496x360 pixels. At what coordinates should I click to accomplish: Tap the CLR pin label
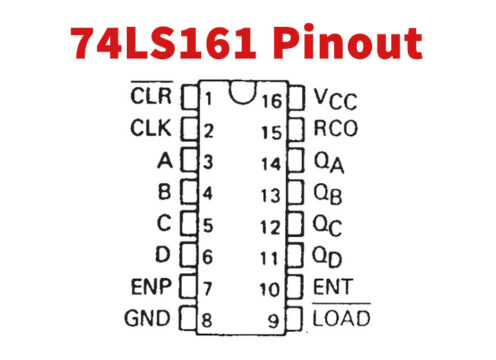coord(152,98)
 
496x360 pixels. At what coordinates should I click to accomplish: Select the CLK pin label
coord(152,129)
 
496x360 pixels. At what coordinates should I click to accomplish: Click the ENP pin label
coord(151,288)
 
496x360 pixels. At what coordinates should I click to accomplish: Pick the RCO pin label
coord(336,130)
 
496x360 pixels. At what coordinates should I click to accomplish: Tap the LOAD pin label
coord(341,319)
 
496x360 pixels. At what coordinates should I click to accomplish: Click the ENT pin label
coord(332,288)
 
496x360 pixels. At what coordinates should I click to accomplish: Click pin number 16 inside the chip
coord(272,99)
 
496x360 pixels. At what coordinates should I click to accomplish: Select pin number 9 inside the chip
coord(275,320)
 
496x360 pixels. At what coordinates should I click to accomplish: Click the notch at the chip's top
coord(240,92)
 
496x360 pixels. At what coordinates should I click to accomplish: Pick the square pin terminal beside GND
coord(186,320)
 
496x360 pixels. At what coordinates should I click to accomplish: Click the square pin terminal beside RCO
coord(296,130)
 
